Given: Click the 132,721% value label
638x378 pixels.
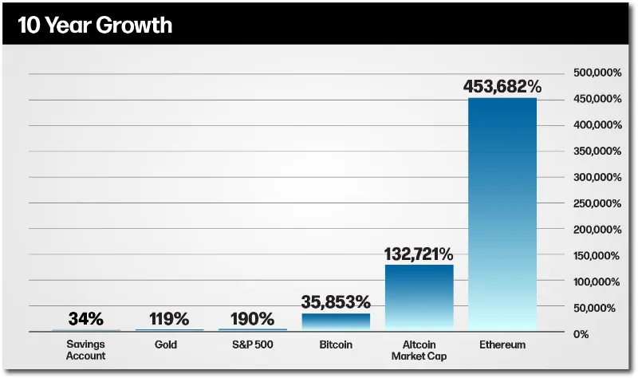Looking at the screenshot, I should point(419,254).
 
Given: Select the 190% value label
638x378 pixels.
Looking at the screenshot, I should point(253,319).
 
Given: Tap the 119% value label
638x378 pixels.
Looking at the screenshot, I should point(169,319).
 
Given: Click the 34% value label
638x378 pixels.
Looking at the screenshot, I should point(86,319).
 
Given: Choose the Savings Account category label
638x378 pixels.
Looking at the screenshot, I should point(86,350).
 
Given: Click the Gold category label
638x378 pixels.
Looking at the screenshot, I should point(169,345).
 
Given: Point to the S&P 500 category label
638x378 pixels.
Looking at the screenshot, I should point(253,345).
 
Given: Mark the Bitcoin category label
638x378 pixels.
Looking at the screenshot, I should point(336,345).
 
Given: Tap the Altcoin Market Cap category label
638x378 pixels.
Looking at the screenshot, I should point(419,350).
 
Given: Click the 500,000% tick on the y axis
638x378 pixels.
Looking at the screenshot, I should point(597,73).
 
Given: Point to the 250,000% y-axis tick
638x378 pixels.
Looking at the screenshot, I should point(597,203).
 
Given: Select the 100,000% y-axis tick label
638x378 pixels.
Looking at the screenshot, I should point(597,282).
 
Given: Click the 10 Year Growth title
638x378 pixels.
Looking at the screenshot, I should point(95,25).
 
